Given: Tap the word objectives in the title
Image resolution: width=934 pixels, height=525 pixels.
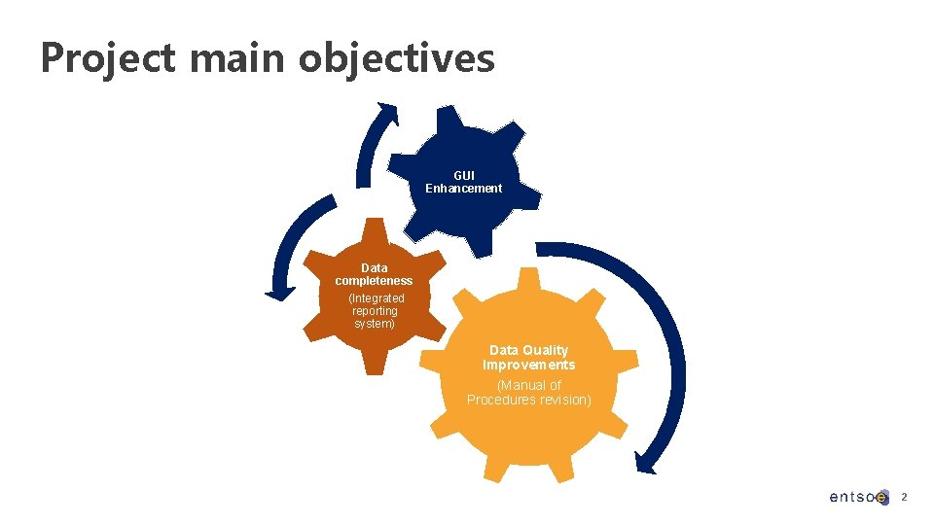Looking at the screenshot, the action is [x=397, y=58].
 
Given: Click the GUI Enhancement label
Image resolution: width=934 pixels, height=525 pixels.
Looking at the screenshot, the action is [x=464, y=182].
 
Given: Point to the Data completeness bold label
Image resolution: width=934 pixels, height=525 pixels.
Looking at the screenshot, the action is [x=374, y=274].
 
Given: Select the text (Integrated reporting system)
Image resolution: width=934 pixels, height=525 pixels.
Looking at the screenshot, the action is [x=375, y=311].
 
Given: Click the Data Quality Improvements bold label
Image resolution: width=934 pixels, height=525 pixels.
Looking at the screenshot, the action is [x=528, y=357].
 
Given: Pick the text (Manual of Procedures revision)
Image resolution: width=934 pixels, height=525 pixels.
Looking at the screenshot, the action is [x=528, y=393].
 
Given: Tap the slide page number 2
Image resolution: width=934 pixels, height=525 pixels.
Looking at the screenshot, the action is [x=904, y=497].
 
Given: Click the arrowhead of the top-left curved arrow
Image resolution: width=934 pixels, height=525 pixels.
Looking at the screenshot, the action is [x=389, y=113].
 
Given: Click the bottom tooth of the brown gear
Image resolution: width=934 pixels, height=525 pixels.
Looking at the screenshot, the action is [x=374, y=364].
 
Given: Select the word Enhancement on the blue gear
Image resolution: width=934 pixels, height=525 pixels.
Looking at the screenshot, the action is [x=464, y=189].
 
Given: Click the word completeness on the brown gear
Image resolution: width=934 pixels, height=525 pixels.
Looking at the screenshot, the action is [x=374, y=281].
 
